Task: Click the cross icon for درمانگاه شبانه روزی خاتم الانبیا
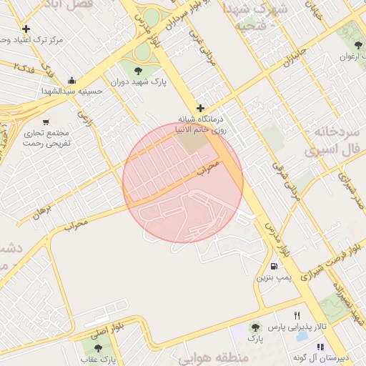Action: (x=201, y=108)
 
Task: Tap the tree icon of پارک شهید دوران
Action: (x=137, y=69)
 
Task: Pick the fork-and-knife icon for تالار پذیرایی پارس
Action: (x=297, y=315)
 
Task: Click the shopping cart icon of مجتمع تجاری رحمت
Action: (x=47, y=122)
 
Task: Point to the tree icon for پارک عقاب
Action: (x=98, y=347)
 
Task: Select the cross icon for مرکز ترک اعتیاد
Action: (x=26, y=29)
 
